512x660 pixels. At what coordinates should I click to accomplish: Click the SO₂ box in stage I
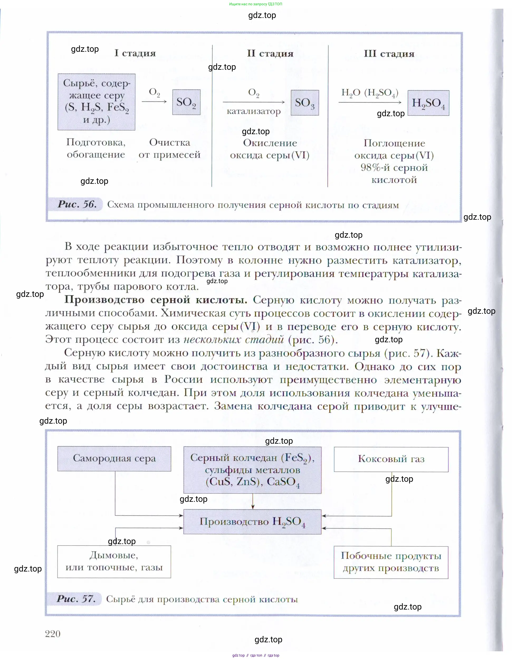186,102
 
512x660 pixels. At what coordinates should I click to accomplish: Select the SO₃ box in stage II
305,103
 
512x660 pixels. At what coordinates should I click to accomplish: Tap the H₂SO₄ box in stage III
428,103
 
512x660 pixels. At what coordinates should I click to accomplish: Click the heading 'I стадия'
135,53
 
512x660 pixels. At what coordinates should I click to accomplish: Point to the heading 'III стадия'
389,54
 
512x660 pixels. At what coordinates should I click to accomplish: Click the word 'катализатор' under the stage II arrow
253,111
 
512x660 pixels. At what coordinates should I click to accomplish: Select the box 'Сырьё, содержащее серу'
96,102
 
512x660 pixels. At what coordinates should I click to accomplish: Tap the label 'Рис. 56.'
77,204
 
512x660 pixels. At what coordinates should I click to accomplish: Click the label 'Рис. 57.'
76,599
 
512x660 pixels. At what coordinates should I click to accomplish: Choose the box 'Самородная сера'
114,458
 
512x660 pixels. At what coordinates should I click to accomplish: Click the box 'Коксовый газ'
391,459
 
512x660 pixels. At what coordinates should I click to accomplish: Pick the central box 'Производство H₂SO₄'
252,522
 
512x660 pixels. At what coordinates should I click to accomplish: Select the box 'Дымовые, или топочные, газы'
114,561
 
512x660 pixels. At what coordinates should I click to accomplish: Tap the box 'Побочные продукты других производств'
391,562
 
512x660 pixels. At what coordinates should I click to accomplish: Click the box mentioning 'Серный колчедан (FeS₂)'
252,470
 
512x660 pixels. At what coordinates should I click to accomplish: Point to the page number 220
53,634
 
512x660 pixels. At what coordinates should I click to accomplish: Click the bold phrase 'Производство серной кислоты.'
156,299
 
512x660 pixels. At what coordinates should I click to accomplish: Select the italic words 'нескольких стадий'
234,339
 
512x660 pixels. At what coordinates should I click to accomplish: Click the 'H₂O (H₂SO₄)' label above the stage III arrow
370,93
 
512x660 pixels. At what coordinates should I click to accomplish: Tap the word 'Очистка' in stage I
170,142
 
